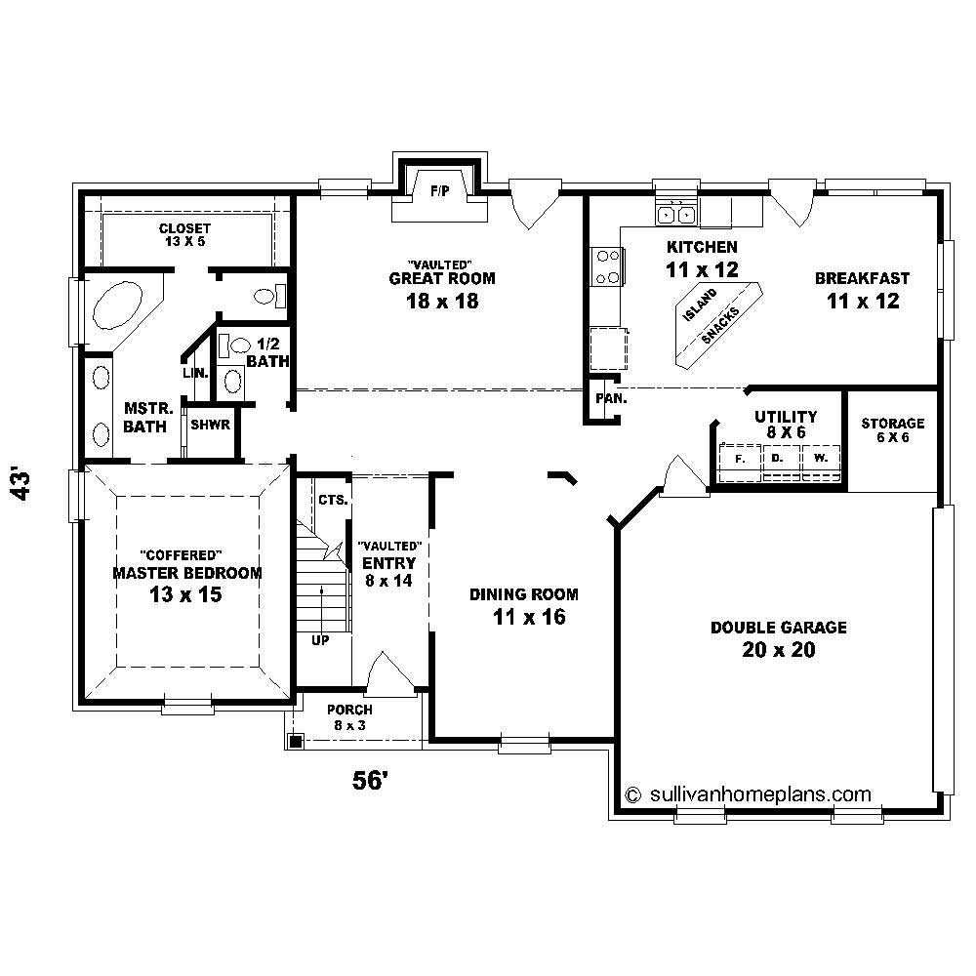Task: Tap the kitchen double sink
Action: (x=676, y=214)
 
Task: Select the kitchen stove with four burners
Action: (x=606, y=266)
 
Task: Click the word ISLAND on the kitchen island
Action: (x=699, y=306)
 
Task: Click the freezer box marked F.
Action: (x=739, y=457)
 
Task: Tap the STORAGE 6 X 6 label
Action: (x=892, y=430)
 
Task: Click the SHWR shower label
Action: (x=210, y=426)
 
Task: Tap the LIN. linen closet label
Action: (x=194, y=374)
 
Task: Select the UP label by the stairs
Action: (x=320, y=641)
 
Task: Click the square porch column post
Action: (x=295, y=742)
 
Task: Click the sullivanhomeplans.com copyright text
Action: (x=748, y=794)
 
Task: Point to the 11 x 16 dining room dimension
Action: (x=524, y=617)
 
